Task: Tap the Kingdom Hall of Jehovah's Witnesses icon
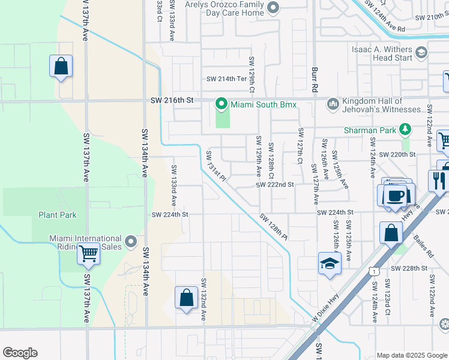[333, 105]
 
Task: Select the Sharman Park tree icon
[406, 130]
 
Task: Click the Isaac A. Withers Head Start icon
[421, 53]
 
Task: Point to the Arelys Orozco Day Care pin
[274, 8]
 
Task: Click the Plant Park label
[56, 215]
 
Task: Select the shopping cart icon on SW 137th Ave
[88, 255]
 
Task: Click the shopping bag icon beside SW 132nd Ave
[186, 298]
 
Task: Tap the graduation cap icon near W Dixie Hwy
[330, 264]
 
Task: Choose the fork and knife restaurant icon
[439, 180]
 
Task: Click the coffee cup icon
[395, 196]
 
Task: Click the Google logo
[20, 353]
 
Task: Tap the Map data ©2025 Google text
[411, 355]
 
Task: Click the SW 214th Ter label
[226, 79]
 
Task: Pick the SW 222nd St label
[274, 185]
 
